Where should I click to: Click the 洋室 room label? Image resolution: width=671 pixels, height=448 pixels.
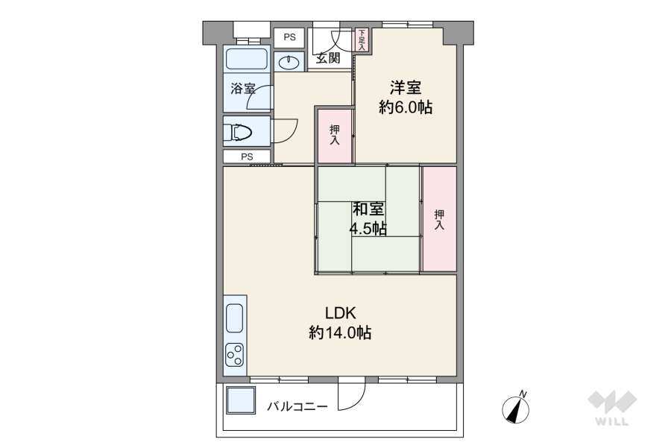(x=405, y=88)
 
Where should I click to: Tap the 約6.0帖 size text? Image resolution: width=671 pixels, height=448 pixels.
(x=406, y=107)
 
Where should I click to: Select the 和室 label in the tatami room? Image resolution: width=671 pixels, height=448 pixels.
(x=368, y=209)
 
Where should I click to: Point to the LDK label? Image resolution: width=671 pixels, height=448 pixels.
(x=341, y=313)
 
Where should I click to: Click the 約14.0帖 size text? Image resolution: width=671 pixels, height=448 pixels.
(x=340, y=332)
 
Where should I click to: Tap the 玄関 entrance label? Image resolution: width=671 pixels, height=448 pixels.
(x=328, y=57)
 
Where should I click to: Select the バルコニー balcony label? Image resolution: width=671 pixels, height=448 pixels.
(x=297, y=406)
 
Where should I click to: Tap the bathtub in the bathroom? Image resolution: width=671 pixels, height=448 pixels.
(x=247, y=59)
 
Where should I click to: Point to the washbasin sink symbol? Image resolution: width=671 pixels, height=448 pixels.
(x=289, y=63)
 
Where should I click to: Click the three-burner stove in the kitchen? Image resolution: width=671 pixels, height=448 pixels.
(x=235, y=355)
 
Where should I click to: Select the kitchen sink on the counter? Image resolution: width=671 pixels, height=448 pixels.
(x=235, y=318)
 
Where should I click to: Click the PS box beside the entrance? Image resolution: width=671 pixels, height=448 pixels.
(x=289, y=38)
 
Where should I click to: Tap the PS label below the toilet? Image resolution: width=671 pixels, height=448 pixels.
(x=247, y=157)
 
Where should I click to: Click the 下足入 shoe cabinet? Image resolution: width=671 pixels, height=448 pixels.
(x=362, y=40)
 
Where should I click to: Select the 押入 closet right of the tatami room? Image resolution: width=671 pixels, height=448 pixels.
(x=439, y=219)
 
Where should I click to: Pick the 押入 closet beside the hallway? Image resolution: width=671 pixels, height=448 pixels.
(x=335, y=135)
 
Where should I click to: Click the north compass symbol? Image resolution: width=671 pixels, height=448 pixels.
(x=516, y=407)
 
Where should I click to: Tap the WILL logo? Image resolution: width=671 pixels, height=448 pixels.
(x=611, y=408)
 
